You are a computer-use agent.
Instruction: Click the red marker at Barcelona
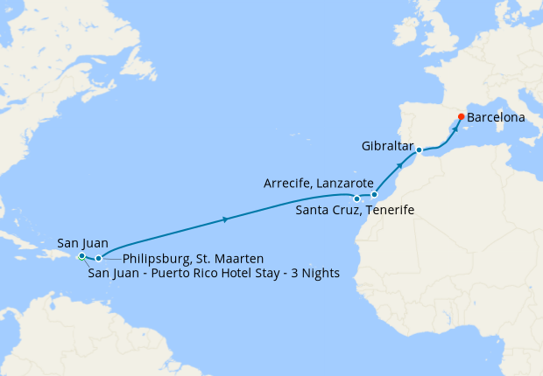[x=462, y=116]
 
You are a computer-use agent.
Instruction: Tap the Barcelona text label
[x=497, y=116]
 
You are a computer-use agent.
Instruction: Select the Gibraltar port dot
[x=420, y=150]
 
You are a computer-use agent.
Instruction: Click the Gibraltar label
[x=385, y=145]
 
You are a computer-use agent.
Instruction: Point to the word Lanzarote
[x=343, y=183]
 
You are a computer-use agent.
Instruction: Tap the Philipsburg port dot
[x=98, y=258]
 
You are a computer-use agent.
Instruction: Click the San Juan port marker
[x=81, y=255]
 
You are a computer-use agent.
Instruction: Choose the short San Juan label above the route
[x=81, y=242]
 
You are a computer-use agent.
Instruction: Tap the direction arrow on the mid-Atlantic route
[x=227, y=219]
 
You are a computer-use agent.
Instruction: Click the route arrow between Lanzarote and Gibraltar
[x=400, y=164]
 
